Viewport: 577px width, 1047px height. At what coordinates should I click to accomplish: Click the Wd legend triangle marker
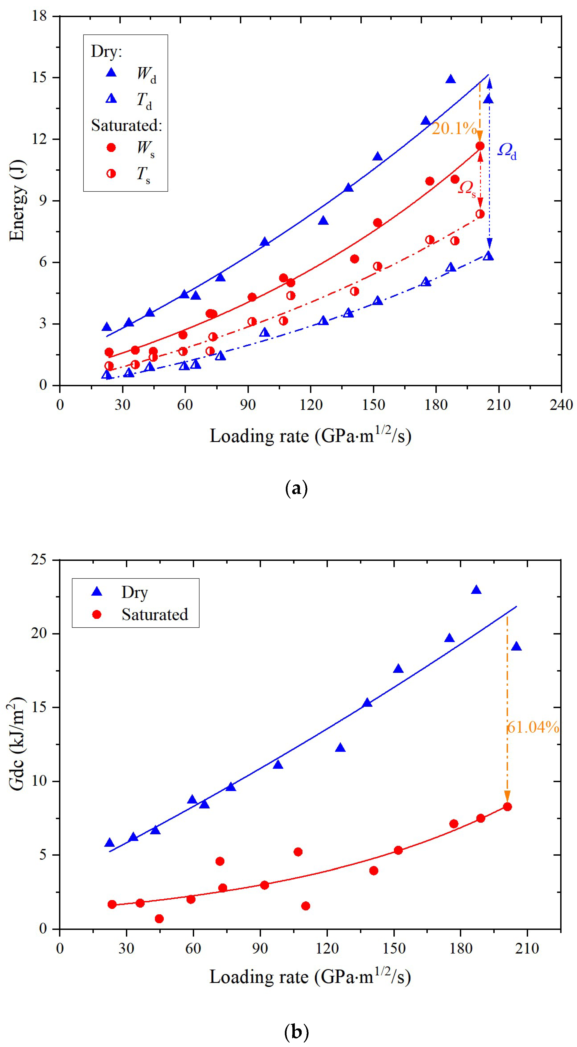pos(111,73)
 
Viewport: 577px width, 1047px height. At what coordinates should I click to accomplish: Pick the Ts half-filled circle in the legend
pos(111,174)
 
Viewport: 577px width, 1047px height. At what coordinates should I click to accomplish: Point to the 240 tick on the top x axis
pos(561,405)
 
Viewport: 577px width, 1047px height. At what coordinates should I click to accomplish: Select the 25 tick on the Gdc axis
pos(39,560)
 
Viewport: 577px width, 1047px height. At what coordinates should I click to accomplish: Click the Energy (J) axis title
pos(17,201)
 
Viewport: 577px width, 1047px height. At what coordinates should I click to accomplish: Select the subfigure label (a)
pos(297,488)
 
